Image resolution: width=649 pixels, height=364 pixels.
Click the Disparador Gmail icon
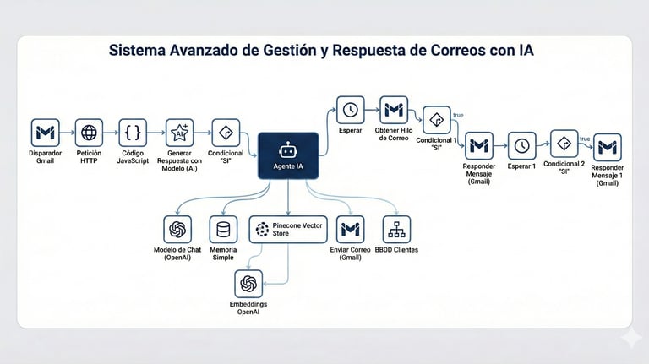[x=44, y=133]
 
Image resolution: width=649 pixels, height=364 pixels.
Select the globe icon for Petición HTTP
[x=89, y=133]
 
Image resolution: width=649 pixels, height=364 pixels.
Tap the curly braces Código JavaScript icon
[x=133, y=133]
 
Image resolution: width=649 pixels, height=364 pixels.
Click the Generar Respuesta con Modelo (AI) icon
[x=179, y=133]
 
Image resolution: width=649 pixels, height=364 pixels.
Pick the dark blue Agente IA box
[x=288, y=155]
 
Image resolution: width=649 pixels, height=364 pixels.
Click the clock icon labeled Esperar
[x=351, y=110]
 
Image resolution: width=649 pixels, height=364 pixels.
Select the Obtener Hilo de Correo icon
[x=394, y=110]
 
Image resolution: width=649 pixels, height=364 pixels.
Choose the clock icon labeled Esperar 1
[x=522, y=145]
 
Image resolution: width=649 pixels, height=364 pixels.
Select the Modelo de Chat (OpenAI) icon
[x=177, y=230]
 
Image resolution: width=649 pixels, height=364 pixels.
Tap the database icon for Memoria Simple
[x=224, y=230]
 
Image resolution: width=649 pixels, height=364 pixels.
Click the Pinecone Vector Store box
[x=288, y=229]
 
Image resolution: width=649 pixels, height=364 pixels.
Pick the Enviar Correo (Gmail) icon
[x=350, y=230]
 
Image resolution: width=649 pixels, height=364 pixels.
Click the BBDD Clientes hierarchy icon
[x=395, y=230]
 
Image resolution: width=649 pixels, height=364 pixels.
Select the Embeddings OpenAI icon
[x=248, y=284]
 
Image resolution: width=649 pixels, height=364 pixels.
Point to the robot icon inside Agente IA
[x=288, y=149]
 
